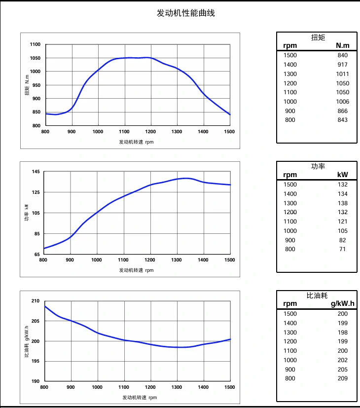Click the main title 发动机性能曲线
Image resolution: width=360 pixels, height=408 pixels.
point(185,13)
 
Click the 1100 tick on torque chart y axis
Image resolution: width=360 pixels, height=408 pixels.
point(35,44)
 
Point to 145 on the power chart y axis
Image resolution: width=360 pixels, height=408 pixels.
point(36,172)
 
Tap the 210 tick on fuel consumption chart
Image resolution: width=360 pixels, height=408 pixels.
point(35,301)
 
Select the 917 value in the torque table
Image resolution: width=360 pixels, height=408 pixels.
point(342,65)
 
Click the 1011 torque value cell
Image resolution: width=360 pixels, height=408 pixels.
point(342,74)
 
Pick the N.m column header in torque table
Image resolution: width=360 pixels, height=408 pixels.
point(342,46)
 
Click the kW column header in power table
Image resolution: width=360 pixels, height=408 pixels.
point(342,175)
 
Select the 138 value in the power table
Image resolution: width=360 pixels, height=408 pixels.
point(342,203)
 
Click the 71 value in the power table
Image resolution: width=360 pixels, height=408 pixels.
point(342,249)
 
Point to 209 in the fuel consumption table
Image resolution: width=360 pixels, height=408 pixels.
point(342,378)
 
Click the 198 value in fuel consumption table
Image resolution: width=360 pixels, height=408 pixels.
point(342,333)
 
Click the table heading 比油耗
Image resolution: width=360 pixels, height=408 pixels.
point(317,296)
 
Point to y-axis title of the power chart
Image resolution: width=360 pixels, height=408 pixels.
point(27,212)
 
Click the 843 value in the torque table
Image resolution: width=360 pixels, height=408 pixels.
point(342,120)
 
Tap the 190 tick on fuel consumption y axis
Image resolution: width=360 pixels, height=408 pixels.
point(35,381)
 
